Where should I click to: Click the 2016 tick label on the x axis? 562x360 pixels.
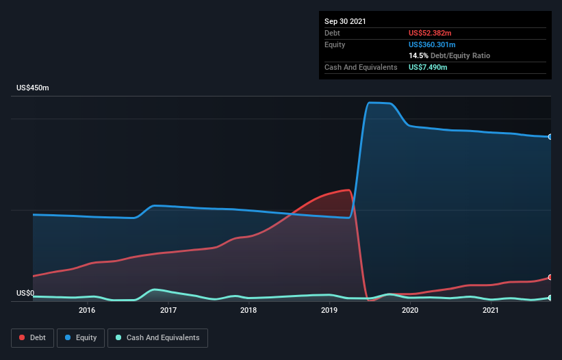pos(87,311)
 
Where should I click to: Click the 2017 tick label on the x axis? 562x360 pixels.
pos(168,311)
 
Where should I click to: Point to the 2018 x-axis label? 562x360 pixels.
pos(248,311)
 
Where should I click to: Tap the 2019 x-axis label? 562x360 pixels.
pos(329,311)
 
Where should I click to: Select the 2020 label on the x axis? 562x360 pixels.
pos(410,311)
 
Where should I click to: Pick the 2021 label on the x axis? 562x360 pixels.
pos(490,311)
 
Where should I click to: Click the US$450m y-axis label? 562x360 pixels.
pos(33,88)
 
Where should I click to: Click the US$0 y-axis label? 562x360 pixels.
pos(25,293)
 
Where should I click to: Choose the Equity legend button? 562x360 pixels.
pos(81,337)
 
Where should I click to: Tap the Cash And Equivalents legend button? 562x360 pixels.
pos(157,337)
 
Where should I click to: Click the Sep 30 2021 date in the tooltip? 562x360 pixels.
pos(345,21)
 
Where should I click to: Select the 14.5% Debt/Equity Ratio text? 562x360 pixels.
pos(449,55)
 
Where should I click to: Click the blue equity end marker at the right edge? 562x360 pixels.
pos(550,137)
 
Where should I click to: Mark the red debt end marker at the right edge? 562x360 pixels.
pos(550,277)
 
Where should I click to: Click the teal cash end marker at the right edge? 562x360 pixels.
pos(550,298)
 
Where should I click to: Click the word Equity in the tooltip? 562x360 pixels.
pos(335,44)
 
